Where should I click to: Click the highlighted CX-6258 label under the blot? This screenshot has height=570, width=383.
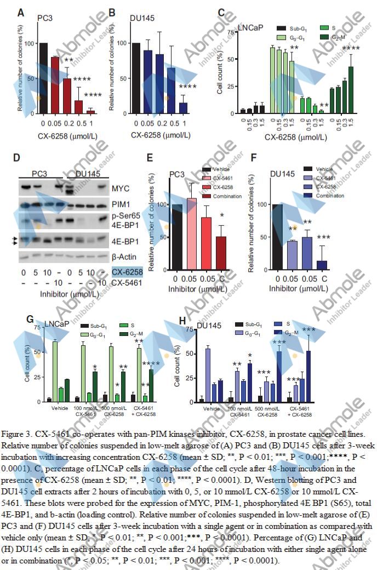pos(127,272)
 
